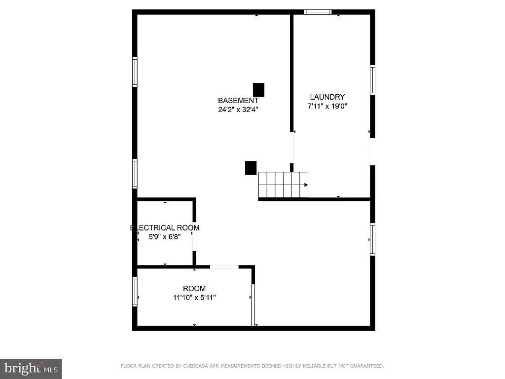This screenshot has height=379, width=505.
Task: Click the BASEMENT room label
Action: tap(238, 101)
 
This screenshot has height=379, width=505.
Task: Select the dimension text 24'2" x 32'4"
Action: tap(238, 110)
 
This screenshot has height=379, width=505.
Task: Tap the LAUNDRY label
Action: tap(327, 97)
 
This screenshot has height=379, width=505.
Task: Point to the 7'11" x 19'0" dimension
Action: tap(327, 106)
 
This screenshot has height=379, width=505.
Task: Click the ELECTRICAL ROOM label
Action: tap(165, 227)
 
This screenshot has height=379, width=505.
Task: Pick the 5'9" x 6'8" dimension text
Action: tap(165, 236)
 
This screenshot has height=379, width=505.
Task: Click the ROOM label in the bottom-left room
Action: tap(194, 289)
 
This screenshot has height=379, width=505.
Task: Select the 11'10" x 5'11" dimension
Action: tap(194, 298)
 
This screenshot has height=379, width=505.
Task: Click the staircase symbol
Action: tap(283, 185)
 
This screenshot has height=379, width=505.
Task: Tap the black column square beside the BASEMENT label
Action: tap(258, 90)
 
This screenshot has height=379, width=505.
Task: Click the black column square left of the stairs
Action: tap(251, 168)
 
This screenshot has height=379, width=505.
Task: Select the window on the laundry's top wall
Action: tap(318, 12)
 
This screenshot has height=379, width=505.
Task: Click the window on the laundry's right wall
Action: tap(373, 80)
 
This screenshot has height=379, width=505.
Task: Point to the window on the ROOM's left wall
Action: tap(135, 291)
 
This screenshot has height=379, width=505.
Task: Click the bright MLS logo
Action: tap(31, 368)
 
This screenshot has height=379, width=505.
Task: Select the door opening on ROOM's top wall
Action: tap(224, 267)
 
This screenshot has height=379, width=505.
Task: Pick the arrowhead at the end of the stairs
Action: tap(306, 185)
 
